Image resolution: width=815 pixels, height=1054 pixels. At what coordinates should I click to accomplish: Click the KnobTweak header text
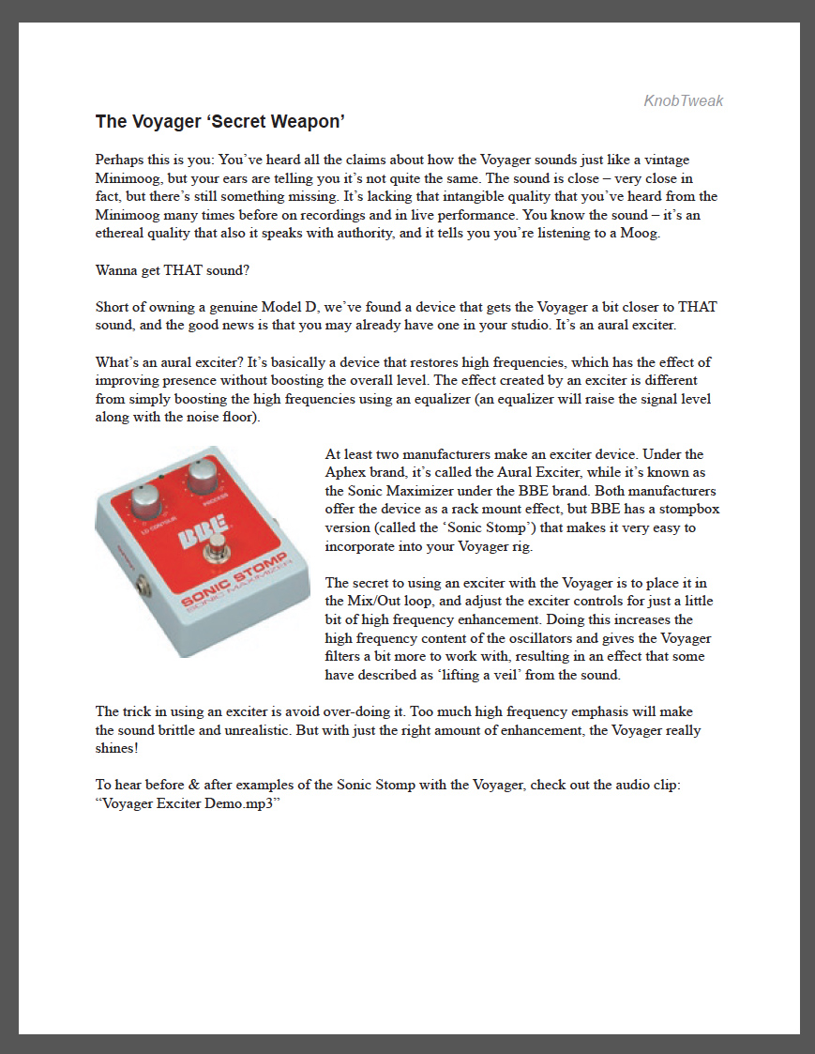683,101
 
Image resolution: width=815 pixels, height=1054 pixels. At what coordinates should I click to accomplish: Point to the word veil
551,674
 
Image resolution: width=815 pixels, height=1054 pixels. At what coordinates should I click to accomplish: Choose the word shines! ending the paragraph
117,748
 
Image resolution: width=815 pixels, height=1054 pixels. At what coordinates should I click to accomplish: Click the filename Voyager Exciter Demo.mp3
189,803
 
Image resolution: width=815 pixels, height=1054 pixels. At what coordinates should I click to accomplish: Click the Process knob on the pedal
204,478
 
